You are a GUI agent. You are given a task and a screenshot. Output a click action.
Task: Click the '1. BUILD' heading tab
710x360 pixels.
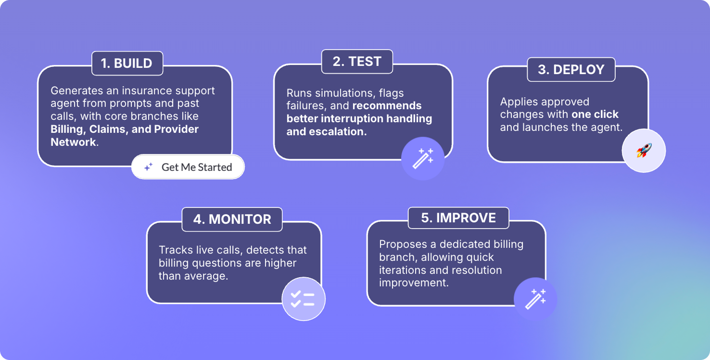(x=127, y=64)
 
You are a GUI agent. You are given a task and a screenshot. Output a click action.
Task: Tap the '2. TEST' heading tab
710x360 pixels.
(x=357, y=62)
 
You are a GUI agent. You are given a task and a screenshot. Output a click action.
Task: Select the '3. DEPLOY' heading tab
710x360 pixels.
(x=571, y=69)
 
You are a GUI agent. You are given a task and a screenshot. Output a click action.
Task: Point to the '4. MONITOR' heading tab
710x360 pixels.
(x=232, y=219)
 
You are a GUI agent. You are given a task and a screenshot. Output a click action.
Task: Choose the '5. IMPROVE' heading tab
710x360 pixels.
(x=458, y=218)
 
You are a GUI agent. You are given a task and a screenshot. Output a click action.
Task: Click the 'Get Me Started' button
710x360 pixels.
(x=188, y=167)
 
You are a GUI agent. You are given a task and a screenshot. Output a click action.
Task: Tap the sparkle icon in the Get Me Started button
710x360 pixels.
(x=148, y=167)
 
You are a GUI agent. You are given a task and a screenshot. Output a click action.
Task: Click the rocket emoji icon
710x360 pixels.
(x=644, y=150)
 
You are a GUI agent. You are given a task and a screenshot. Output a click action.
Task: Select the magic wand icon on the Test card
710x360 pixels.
(x=423, y=158)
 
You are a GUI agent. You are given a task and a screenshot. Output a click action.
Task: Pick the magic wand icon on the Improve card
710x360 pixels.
(x=535, y=299)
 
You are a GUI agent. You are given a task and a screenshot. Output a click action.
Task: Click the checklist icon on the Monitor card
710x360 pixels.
(x=303, y=299)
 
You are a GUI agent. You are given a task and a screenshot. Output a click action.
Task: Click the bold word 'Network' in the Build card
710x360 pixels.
(x=73, y=142)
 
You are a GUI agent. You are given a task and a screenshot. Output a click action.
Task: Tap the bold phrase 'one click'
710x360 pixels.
(x=595, y=114)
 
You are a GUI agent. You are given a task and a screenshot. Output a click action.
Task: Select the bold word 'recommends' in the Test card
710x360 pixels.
(x=387, y=105)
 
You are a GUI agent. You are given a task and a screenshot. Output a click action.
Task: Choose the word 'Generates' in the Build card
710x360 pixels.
(x=76, y=90)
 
